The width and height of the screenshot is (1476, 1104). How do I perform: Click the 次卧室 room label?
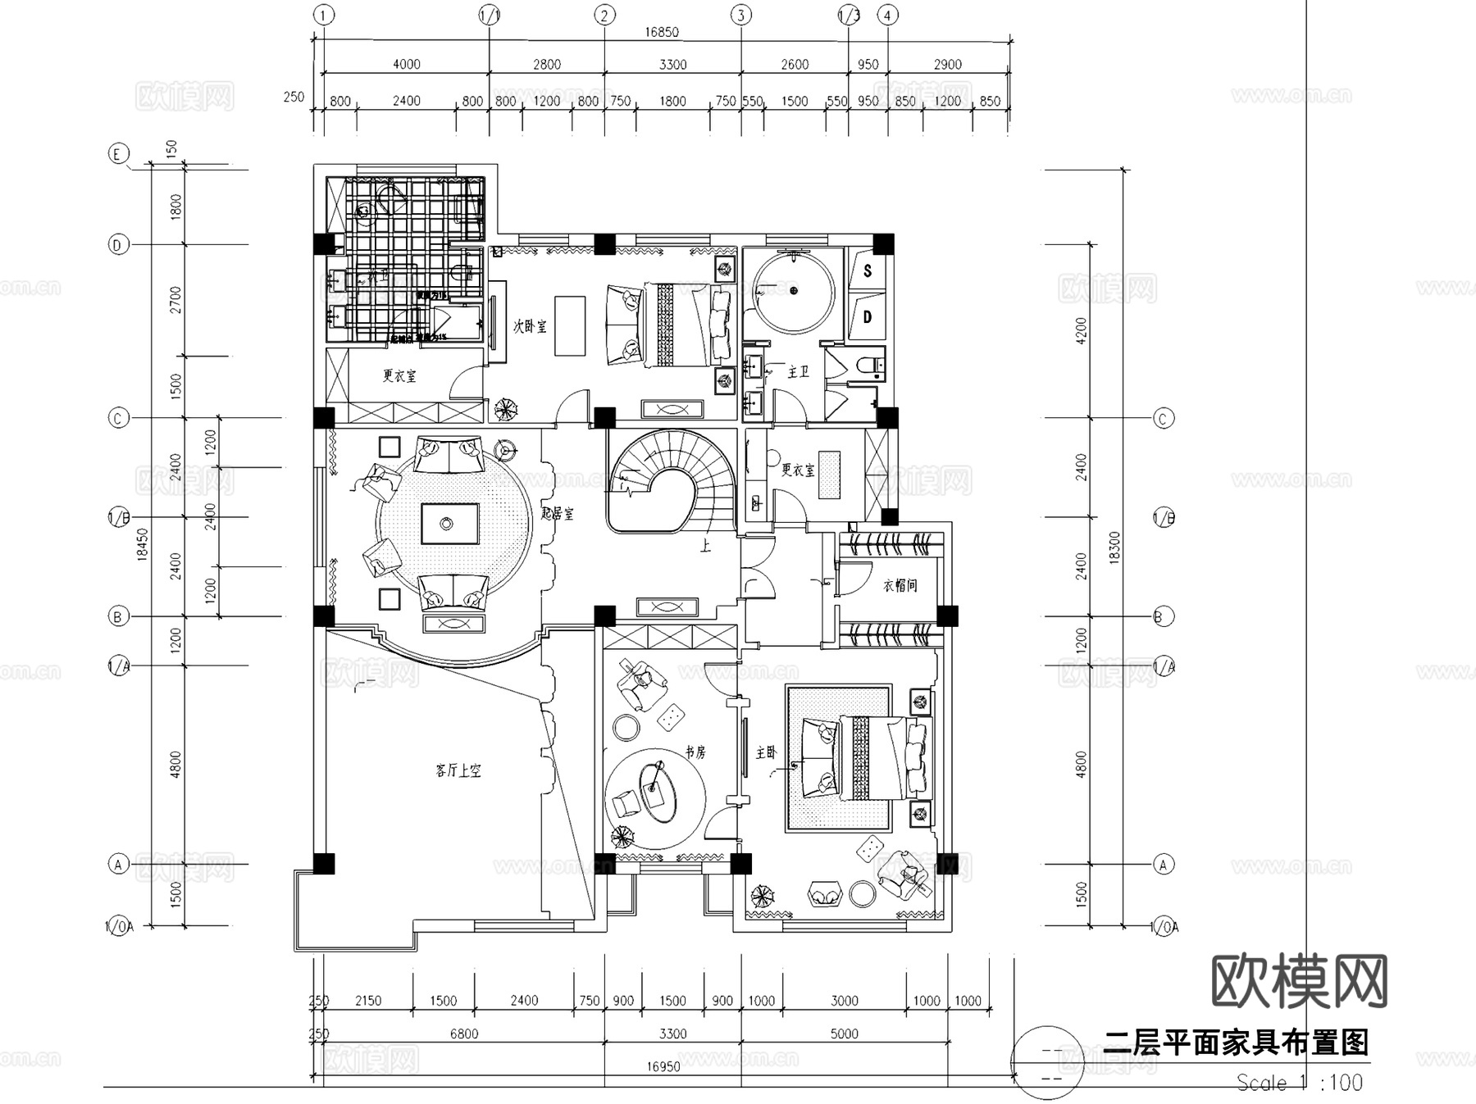click(530, 325)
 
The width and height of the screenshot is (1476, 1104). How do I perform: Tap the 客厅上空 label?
click(458, 770)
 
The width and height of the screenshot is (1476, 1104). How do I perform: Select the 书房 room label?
click(695, 752)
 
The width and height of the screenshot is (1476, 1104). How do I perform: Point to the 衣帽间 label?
click(900, 585)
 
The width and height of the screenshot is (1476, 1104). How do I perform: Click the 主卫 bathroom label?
click(798, 372)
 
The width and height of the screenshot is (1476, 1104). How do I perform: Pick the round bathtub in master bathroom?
click(793, 291)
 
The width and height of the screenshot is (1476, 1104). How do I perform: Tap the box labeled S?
click(868, 270)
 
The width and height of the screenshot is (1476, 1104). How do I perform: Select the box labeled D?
click(868, 316)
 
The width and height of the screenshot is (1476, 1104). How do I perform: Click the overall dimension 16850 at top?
click(661, 32)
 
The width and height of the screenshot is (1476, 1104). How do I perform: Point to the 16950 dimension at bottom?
click(663, 1066)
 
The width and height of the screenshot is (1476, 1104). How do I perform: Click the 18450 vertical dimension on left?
click(142, 544)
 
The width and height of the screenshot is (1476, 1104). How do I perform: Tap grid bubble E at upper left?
click(119, 154)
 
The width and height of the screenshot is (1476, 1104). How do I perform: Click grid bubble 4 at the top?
click(887, 15)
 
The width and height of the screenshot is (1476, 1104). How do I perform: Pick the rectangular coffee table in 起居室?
click(449, 523)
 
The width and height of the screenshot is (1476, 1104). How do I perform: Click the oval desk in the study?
click(658, 789)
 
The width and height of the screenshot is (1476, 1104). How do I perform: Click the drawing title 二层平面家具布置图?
click(1236, 1043)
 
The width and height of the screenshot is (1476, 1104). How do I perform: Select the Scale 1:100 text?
click(1299, 1083)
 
